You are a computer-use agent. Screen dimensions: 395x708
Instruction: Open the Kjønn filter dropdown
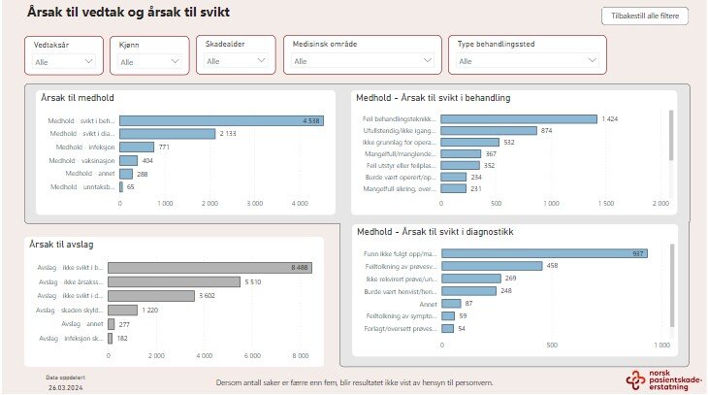click(149, 60)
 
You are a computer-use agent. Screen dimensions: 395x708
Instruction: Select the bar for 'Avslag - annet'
click(112, 323)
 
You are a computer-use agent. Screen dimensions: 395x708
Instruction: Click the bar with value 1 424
click(519, 119)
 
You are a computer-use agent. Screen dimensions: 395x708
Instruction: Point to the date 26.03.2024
click(66, 385)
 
